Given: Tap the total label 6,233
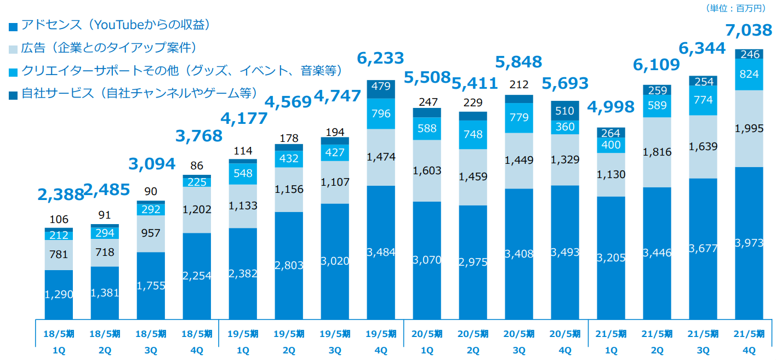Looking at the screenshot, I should pyautogui.click(x=380, y=58).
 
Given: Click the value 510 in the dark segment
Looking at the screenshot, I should pyautogui.click(x=564, y=111).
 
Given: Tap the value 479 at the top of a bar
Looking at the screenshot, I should pyautogui.click(x=380, y=87).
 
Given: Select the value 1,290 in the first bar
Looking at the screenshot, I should pyautogui.click(x=59, y=295).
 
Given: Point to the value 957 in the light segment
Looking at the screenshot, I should pyautogui.click(x=151, y=233).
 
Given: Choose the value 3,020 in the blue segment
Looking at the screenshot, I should pyautogui.click(x=334, y=261).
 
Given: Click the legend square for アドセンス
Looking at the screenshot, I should pyautogui.click(x=13, y=26).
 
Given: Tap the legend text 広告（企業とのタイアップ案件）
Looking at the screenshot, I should pyautogui.click(x=109, y=48).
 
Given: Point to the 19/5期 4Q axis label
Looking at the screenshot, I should pyautogui.click(x=380, y=341).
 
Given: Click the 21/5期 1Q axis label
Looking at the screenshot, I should pyautogui.click(x=610, y=341).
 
